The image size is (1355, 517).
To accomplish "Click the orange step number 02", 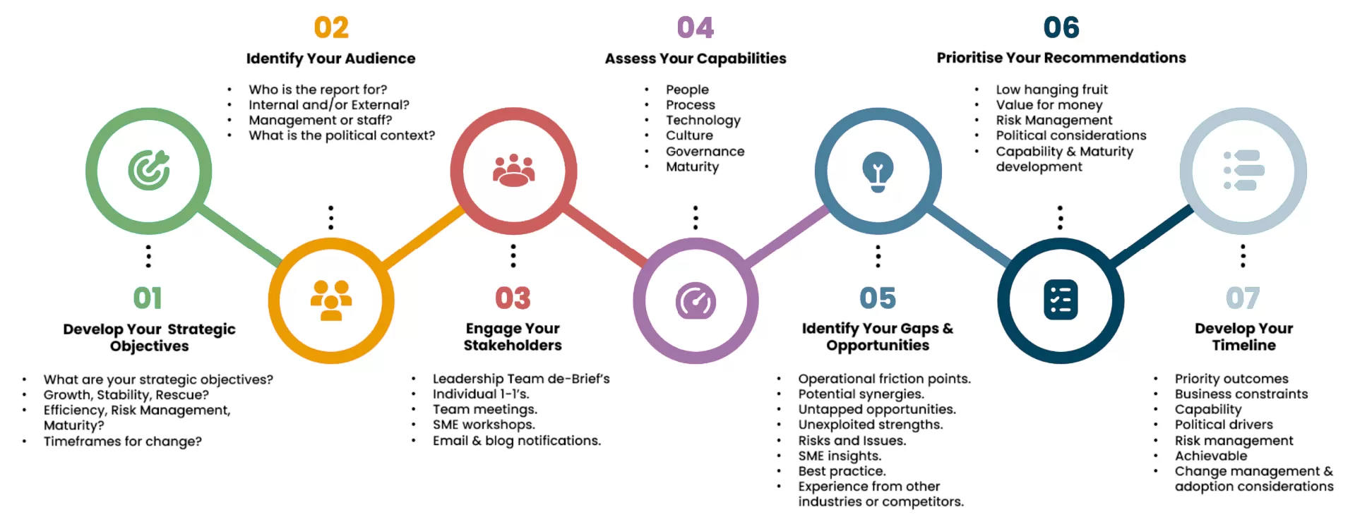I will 331,28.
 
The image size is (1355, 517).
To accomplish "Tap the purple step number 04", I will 695,28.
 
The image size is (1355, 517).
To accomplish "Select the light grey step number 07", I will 1243,298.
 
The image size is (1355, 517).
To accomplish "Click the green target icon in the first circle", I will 148,170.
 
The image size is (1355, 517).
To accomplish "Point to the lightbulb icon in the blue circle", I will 878,171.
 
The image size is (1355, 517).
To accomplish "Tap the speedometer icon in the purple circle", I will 696,301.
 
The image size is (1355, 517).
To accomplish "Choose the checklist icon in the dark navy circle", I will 1061,300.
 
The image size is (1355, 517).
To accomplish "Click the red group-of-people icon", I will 513,170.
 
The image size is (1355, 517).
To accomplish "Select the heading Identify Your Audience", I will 330,59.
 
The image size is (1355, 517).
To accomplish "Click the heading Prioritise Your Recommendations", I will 1061,58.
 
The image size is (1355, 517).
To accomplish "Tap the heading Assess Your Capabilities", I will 695,59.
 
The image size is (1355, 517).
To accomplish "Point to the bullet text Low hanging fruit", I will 1051,90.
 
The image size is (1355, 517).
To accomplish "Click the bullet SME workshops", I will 484,425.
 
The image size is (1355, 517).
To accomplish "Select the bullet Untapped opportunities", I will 876,409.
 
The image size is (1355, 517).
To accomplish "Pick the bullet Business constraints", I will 1241,394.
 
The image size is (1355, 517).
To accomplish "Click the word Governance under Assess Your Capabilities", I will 705,152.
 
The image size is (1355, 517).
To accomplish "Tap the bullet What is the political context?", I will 342,135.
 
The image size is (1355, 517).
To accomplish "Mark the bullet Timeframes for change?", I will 122,442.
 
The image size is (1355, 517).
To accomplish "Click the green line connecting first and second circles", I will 240,235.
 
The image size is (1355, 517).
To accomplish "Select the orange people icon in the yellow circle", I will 330,300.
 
